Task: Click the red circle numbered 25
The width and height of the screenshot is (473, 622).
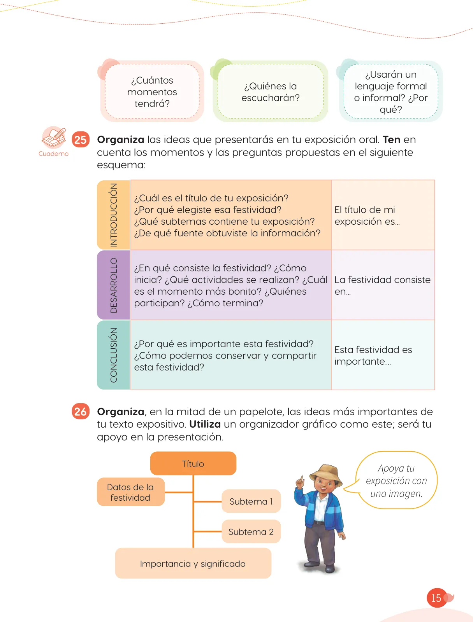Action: [81, 140]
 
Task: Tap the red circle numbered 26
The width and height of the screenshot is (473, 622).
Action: [81, 411]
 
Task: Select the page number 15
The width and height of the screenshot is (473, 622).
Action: [436, 598]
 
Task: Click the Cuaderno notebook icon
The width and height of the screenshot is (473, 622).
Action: [54, 138]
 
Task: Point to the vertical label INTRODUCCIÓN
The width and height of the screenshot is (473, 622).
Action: [114, 215]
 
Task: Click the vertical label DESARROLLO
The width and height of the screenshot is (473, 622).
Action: [114, 285]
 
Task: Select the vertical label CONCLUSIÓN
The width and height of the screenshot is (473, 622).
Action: [114, 355]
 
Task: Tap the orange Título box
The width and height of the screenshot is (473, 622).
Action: [193, 463]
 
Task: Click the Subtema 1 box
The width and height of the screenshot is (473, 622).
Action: [251, 501]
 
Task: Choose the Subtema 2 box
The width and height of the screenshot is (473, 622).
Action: [251, 531]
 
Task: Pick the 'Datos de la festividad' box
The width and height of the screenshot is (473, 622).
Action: [131, 492]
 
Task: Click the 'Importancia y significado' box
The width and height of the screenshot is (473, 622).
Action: [193, 564]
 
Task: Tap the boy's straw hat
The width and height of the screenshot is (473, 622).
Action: [326, 473]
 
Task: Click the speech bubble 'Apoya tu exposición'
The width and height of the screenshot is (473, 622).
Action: [396, 480]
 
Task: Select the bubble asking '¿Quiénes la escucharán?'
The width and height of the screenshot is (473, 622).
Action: [271, 91]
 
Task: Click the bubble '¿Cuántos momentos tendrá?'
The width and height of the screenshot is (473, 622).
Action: [152, 91]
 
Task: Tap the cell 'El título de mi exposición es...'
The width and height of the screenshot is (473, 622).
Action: [383, 215]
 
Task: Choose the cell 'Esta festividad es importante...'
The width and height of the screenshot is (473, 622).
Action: [383, 355]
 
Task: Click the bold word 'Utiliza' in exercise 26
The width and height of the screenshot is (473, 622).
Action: [205, 424]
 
